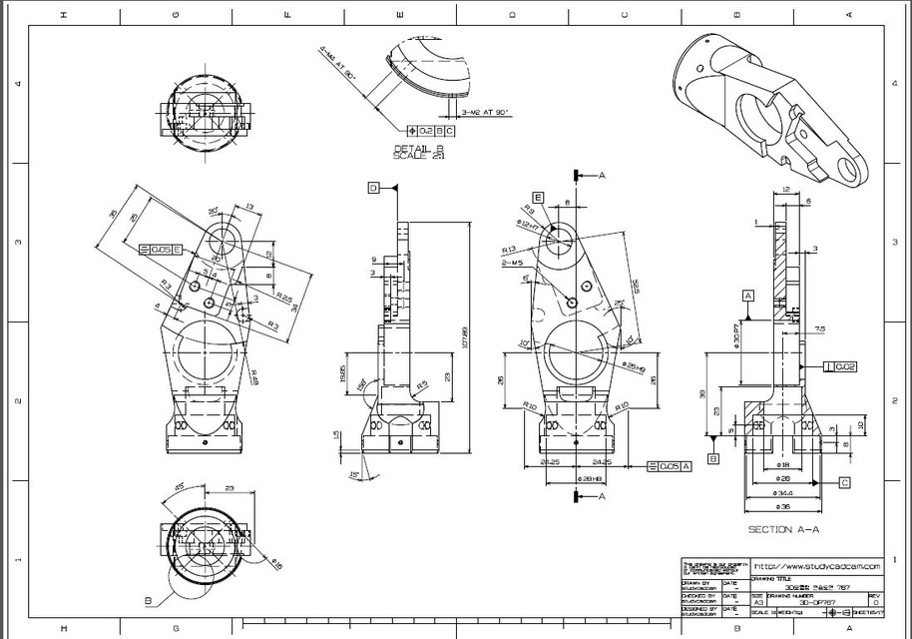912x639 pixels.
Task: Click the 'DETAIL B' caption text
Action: pos(419,148)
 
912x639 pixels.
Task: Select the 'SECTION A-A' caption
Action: pos(784,529)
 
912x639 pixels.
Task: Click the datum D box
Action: pos(373,187)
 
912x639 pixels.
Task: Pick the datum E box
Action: pos(538,198)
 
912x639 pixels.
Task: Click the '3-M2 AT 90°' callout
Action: pos(484,113)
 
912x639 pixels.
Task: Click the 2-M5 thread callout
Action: pos(512,263)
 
